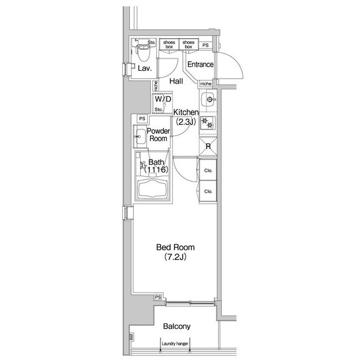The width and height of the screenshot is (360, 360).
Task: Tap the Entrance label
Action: click(200, 65)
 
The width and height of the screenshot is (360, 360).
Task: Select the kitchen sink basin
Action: click(208, 100)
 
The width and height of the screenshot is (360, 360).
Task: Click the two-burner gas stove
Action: click(208, 123)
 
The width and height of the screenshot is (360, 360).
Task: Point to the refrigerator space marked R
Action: click(208, 146)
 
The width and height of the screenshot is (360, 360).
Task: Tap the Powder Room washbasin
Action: click(140, 137)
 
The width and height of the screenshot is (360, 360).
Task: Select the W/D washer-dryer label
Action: click(163, 99)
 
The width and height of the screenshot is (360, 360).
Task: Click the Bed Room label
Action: click(175, 247)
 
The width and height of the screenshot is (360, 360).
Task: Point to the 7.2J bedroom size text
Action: click(175, 257)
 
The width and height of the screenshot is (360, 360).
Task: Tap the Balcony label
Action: click(177, 326)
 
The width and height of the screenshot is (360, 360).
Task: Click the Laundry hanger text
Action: click(175, 344)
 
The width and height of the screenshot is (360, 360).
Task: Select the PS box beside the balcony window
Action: click(158, 297)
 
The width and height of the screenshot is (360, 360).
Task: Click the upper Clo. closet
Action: click(208, 170)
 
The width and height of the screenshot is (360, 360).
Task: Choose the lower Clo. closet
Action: click(208, 191)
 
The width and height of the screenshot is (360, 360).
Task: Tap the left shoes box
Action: click(169, 44)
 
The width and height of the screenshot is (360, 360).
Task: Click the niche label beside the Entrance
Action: click(206, 84)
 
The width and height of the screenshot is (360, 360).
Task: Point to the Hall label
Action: click(176, 81)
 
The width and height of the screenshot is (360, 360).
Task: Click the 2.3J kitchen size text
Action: click(186, 122)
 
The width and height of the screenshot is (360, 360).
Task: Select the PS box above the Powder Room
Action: click(142, 119)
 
